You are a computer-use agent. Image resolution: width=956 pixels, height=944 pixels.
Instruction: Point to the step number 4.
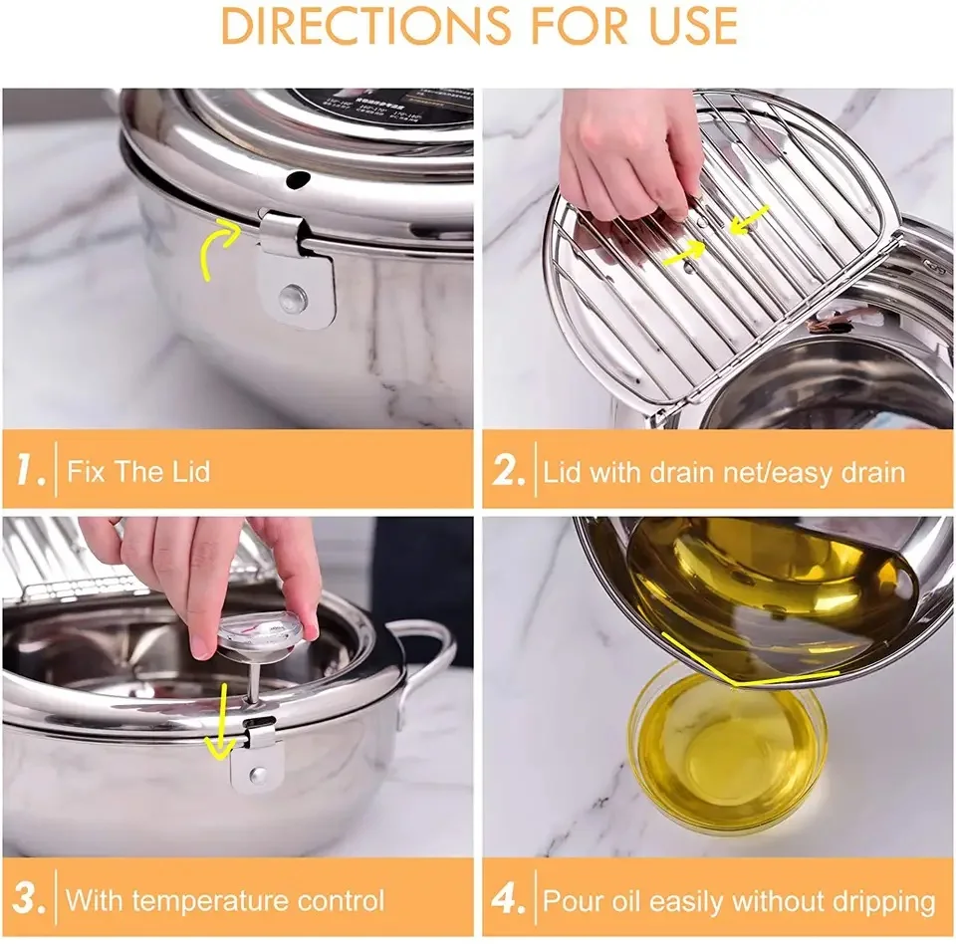point(509,899)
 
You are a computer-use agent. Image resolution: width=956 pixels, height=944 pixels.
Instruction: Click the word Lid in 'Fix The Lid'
point(190,471)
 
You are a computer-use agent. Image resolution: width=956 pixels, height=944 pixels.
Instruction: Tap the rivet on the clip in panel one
point(291,295)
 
